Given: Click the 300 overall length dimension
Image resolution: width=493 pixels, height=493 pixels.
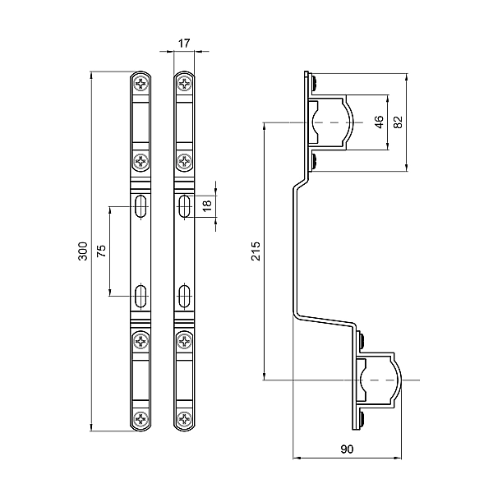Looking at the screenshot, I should coord(82,252).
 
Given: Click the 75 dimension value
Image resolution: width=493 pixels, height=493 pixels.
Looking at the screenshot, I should coord(102,251).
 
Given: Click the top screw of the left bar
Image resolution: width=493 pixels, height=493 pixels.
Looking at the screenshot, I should coord(142,84).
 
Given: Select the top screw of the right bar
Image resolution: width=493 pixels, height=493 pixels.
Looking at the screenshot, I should coord(185,84).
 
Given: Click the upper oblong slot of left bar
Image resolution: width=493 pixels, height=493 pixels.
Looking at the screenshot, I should coord(142,205).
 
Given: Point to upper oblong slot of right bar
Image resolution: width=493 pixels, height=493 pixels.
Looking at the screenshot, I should coord(185,205).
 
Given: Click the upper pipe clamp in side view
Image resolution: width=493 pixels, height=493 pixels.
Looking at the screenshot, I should coord(331,122).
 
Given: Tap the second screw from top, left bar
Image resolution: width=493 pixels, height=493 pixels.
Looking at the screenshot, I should coord(142,161).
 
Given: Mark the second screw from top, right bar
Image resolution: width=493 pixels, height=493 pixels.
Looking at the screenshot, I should coord(185,161).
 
